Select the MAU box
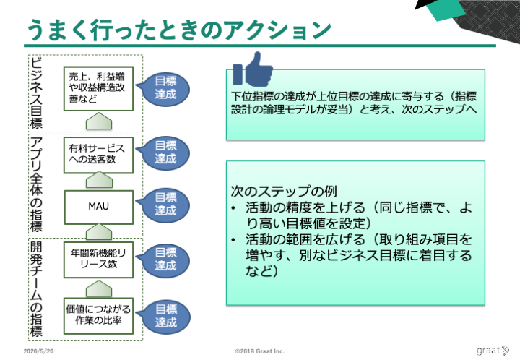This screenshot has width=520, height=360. [98, 207]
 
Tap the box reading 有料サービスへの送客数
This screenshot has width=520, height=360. [98, 155]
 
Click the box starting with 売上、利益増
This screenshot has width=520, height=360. [98, 89]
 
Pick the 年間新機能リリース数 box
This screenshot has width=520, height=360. [98, 260]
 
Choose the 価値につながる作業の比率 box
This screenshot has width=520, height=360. [98, 315]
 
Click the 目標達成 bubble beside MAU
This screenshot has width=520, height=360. [163, 205]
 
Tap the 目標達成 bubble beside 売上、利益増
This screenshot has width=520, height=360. [163, 89]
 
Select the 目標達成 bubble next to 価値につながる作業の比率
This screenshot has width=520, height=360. [164, 317]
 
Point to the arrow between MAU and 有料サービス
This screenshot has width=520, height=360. [99, 180]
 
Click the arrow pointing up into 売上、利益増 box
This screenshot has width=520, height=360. [99, 121]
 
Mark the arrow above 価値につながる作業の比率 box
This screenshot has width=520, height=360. [99, 288]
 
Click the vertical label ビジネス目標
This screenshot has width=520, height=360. [37, 93]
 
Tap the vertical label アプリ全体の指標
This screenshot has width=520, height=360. [37, 184]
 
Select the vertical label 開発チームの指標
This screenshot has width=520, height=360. [37, 289]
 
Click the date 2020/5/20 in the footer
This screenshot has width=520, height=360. [38, 351]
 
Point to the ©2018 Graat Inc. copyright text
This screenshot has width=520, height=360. [260, 351]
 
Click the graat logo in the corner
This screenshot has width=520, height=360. [493, 351]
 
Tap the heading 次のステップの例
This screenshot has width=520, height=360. [284, 192]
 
